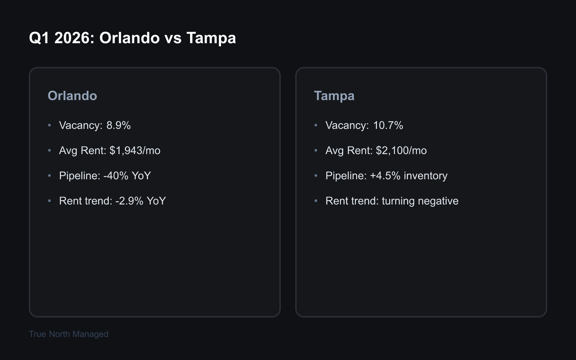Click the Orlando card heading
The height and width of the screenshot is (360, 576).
[x=72, y=96]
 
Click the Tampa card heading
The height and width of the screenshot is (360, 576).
[x=334, y=96]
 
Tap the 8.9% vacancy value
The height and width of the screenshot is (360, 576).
[x=118, y=125]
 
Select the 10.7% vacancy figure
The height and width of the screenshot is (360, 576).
[x=388, y=125]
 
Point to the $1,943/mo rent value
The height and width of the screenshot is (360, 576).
[x=135, y=150]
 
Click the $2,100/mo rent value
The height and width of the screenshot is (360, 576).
[x=401, y=150]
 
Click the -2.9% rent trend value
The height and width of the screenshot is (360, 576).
[x=129, y=201]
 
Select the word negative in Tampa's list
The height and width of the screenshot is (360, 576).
[x=438, y=201]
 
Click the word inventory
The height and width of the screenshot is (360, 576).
[x=426, y=176]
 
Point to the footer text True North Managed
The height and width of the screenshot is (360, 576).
[x=68, y=334]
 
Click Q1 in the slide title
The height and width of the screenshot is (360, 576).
[x=39, y=38]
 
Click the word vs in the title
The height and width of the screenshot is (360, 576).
[x=173, y=38]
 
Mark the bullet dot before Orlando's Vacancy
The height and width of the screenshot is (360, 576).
[x=50, y=125]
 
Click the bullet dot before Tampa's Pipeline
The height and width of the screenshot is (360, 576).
[x=316, y=176]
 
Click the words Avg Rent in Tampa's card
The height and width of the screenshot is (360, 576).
[x=348, y=150]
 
